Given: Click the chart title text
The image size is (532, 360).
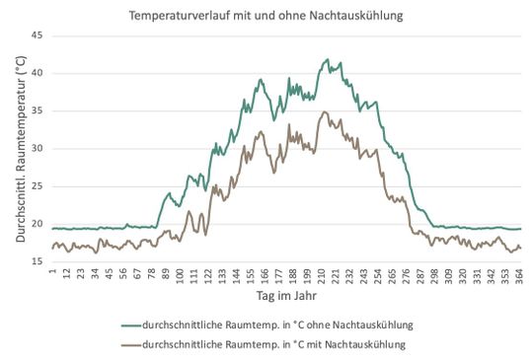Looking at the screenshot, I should [x=266, y=16].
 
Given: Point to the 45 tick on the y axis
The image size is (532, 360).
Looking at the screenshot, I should [x=38, y=36].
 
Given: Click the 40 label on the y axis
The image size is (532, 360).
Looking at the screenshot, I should [x=38, y=73].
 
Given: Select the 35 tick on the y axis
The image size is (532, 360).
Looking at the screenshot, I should [x=38, y=110].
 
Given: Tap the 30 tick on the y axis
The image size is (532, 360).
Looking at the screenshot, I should [x=38, y=149].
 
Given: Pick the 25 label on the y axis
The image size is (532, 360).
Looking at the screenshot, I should [x=38, y=186].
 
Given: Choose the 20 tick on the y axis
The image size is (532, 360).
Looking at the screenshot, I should [x=38, y=224].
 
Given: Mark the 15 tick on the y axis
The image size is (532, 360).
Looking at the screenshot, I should [x=38, y=261].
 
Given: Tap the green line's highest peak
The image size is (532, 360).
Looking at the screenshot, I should [x=328, y=59].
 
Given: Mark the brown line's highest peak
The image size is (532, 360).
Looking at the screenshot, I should [x=326, y=111].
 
